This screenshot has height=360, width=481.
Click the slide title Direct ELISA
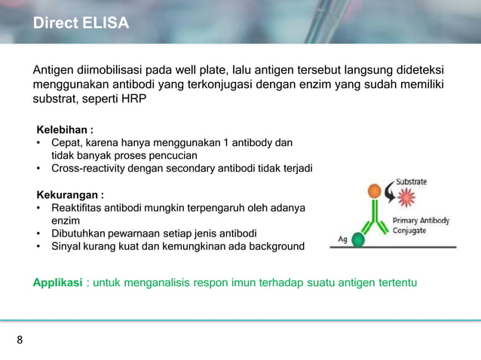click(81, 24)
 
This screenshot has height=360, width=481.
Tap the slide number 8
click(20, 340)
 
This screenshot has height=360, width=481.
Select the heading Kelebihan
click(65, 129)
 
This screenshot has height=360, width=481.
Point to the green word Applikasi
click(57, 282)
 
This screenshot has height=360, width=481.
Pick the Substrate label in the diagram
click(412, 182)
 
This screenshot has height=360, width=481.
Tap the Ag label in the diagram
click(342, 239)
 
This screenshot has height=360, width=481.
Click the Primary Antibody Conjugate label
click(421, 225)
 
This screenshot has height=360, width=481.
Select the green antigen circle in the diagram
click(359, 239)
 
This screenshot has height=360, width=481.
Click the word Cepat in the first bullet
click(67, 142)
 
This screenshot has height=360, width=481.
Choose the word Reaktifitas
click(78, 207)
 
